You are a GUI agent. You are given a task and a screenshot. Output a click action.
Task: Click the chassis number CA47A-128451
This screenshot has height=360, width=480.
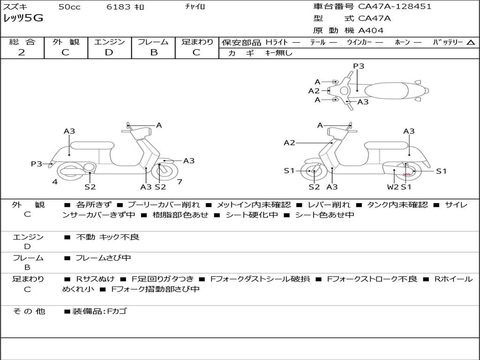click(x=395, y=7)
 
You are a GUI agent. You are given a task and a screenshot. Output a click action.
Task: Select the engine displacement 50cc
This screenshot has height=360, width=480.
click(x=69, y=7)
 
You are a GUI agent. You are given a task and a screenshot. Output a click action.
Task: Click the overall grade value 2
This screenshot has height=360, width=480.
click(x=22, y=52)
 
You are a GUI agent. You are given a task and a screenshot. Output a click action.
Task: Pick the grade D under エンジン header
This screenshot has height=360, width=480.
click(x=109, y=52)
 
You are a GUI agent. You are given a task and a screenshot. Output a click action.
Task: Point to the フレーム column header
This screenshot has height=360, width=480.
click(x=153, y=42)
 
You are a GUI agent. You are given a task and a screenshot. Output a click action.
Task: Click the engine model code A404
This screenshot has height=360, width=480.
click(x=371, y=30)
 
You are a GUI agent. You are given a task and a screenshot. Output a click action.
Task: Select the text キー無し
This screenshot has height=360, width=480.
click(x=278, y=53)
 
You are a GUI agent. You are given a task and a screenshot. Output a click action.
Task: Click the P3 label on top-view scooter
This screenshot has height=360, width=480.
click(x=359, y=66)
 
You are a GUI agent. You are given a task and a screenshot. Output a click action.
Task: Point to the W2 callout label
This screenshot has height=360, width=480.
click(x=392, y=187)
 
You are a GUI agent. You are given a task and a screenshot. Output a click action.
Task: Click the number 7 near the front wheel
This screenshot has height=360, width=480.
click(x=180, y=181)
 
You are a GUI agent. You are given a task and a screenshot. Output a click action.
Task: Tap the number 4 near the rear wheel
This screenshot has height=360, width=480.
click(x=55, y=181)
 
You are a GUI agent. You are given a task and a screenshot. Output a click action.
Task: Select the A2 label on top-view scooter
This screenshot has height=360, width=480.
click(x=314, y=91)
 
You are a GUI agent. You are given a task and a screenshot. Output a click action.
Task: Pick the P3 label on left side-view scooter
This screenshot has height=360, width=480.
click(x=37, y=164)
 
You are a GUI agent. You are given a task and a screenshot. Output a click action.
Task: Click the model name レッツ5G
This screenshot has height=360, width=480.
click(x=23, y=18)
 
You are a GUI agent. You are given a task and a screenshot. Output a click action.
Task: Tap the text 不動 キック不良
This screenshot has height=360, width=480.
click(x=108, y=237)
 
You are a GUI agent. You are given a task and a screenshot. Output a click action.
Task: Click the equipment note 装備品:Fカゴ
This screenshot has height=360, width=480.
click(x=99, y=311)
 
